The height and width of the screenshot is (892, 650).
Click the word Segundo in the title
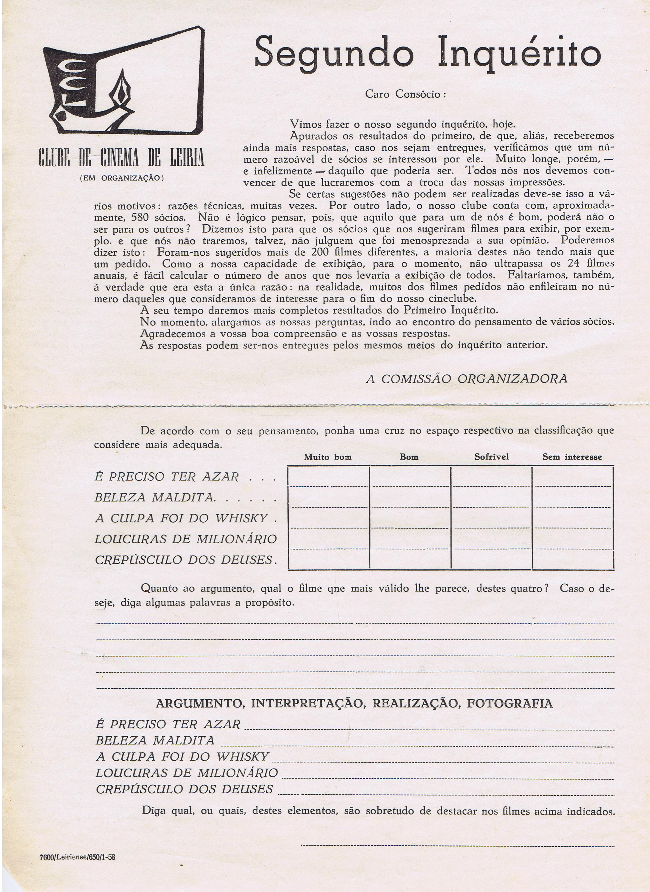click(x=334, y=52)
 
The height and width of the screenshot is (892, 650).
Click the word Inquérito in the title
click(x=519, y=52)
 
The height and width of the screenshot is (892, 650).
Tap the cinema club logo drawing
click(x=123, y=81)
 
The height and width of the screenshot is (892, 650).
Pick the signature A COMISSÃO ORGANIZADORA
click(x=467, y=379)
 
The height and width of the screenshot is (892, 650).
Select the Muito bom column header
click(x=328, y=457)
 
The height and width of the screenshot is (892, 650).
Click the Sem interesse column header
click(x=572, y=457)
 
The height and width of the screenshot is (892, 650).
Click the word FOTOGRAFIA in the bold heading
click(x=510, y=703)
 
